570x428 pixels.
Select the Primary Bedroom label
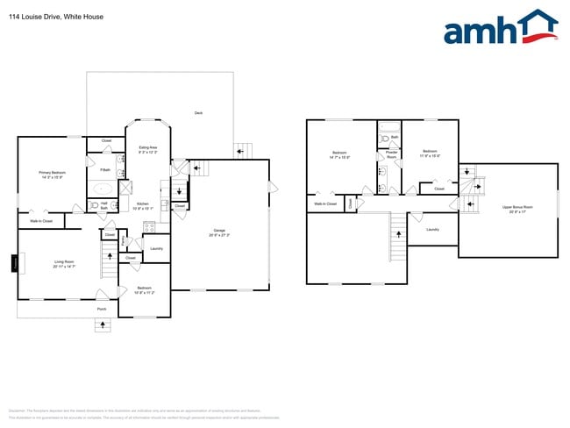click(52, 174)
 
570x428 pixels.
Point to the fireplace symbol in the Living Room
click(14, 263)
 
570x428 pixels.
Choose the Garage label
click(219, 234)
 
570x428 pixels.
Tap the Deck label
click(198, 113)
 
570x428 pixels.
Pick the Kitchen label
click(143, 206)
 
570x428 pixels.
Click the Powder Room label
click(391, 154)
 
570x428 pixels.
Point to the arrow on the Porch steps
click(103, 325)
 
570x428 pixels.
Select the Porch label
click(102, 309)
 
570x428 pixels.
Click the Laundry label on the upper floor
click(431, 230)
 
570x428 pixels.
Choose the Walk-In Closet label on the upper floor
click(325, 203)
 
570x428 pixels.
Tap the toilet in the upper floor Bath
click(385, 139)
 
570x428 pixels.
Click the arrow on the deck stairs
click(241, 150)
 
